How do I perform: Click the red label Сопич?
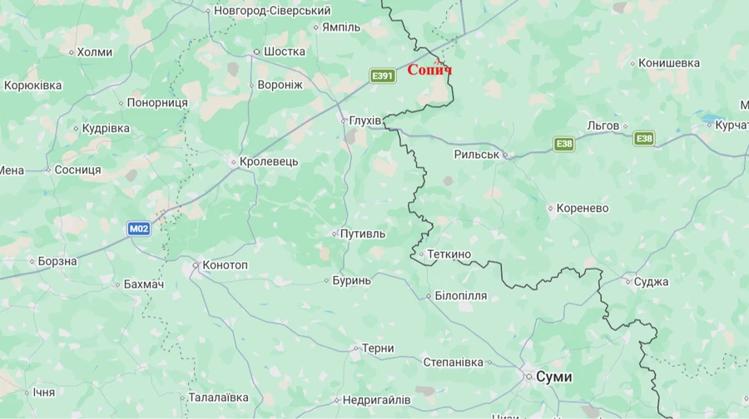(429, 70)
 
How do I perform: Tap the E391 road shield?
(382, 76)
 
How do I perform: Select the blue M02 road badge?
(139, 228)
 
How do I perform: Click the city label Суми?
(553, 377)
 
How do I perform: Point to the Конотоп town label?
(225, 265)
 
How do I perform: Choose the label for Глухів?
(365, 121)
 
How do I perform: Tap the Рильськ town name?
(476, 155)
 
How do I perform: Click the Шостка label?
(284, 52)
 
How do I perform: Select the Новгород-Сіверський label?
(272, 11)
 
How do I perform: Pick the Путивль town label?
(363, 234)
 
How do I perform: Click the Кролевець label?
(268, 161)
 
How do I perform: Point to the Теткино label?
(449, 254)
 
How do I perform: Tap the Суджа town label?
(651, 282)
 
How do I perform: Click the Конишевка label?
(669, 63)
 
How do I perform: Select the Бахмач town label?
(144, 284)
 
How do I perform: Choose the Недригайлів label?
(376, 400)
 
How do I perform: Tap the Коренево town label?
(583, 208)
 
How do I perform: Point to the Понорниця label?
(157, 103)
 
